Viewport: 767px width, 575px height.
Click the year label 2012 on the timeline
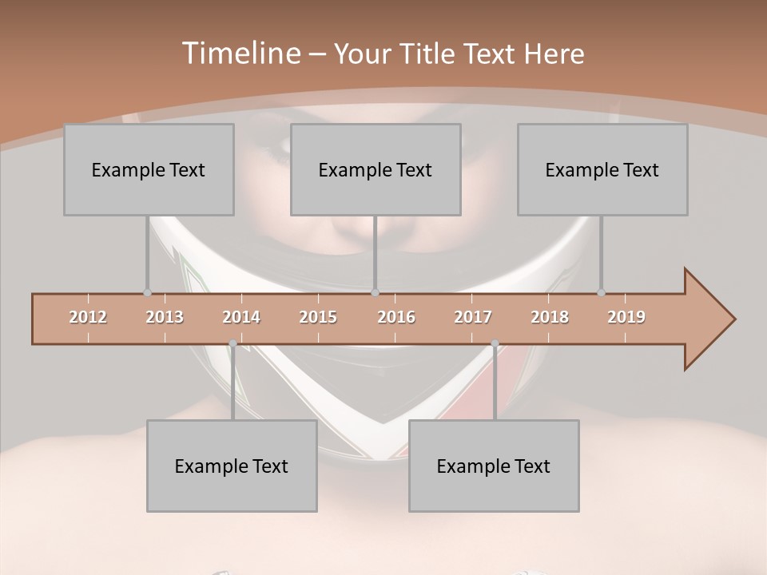click(88, 317)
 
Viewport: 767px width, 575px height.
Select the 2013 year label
click(165, 317)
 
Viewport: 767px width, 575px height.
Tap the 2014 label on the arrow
click(241, 317)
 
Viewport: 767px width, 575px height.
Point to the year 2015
click(318, 317)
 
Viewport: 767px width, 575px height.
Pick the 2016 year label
click(396, 317)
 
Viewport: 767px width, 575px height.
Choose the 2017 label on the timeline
click(473, 317)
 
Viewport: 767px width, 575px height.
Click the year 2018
click(550, 317)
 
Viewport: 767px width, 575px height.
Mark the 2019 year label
click(626, 317)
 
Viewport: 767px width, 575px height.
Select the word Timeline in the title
click(240, 54)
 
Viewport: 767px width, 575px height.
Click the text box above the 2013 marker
click(149, 169)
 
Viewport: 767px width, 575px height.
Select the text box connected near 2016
click(376, 169)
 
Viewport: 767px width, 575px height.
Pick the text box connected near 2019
click(602, 169)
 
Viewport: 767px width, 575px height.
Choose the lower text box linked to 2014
click(232, 466)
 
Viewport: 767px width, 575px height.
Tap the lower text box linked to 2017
click(494, 466)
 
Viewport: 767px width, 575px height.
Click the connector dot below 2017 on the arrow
click(495, 343)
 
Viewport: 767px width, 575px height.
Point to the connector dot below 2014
click(232, 343)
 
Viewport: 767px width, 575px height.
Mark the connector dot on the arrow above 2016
click(376, 292)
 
